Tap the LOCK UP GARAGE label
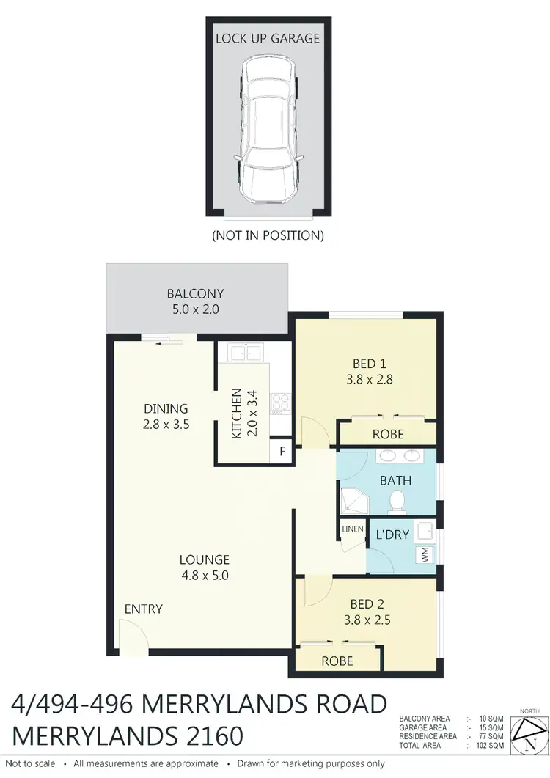(267, 38)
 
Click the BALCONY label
(195, 294)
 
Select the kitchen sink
(245, 353)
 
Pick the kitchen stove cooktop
(279, 403)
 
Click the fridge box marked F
(282, 451)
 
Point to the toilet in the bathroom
(397, 502)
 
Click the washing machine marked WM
(424, 556)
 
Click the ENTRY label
(144, 609)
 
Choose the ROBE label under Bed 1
(388, 434)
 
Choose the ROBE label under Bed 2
(337, 661)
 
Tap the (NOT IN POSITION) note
(267, 235)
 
